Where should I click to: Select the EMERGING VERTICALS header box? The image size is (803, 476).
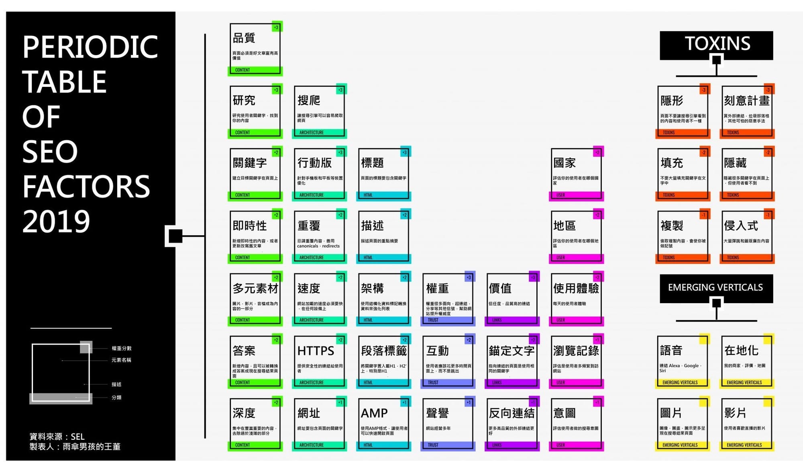[x=716, y=287]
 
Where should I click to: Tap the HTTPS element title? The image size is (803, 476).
[x=316, y=351]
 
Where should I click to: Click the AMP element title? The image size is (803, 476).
[x=374, y=413]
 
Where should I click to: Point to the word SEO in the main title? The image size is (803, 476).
[x=50, y=152]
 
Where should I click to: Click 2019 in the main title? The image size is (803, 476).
[x=56, y=222]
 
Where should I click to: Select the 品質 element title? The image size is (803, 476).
[x=244, y=38]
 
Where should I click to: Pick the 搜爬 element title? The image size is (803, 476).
[x=308, y=101]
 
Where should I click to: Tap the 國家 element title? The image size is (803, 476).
[x=565, y=163]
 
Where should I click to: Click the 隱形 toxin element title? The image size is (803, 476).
[x=672, y=101]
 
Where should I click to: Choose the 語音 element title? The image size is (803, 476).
[x=671, y=351]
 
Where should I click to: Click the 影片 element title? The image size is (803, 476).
[x=735, y=413]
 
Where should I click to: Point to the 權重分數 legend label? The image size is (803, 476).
[x=122, y=349]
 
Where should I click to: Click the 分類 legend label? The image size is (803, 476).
[x=116, y=398]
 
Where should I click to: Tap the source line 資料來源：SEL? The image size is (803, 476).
[x=57, y=437]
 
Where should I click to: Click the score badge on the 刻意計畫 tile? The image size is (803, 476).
[x=768, y=90]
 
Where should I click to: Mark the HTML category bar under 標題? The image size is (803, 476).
[x=383, y=195]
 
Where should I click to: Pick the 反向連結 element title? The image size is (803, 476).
[x=512, y=413]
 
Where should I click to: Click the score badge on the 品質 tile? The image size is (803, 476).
[x=276, y=27]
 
